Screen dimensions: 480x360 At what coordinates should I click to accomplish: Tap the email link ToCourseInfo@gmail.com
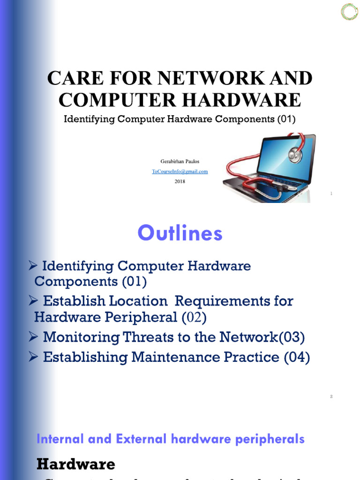(x=180, y=172)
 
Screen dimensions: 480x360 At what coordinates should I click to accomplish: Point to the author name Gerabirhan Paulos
(x=180, y=162)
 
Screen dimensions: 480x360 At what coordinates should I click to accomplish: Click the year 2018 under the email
(x=180, y=181)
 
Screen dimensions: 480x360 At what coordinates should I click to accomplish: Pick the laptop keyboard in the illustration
(x=262, y=185)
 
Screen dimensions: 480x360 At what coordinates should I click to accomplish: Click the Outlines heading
(x=180, y=233)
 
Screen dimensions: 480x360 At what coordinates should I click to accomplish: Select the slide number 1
(x=331, y=194)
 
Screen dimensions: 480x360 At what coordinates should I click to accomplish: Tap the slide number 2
(x=331, y=397)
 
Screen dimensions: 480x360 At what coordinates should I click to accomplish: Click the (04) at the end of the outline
(x=297, y=357)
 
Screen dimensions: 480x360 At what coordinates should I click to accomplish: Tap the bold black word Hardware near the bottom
(x=75, y=464)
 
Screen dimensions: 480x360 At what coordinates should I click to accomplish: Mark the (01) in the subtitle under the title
(x=285, y=119)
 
